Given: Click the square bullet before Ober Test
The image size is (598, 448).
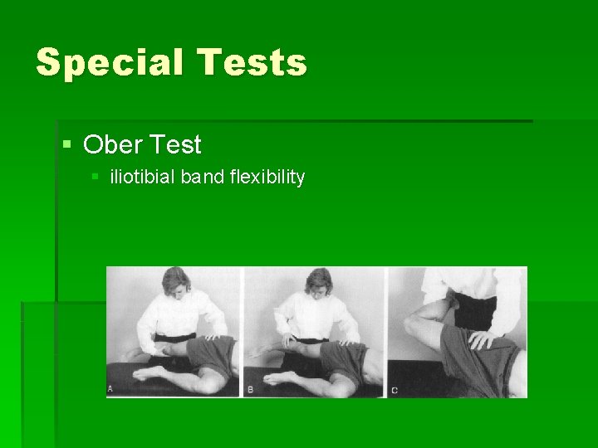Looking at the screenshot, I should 67,145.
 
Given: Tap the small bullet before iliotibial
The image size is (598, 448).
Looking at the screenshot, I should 96,177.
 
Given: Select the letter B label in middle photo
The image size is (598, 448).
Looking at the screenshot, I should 250,388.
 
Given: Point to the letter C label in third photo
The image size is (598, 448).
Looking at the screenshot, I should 394,389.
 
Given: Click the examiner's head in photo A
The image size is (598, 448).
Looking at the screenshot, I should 177,282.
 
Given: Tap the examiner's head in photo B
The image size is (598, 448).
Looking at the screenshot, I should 318,282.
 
